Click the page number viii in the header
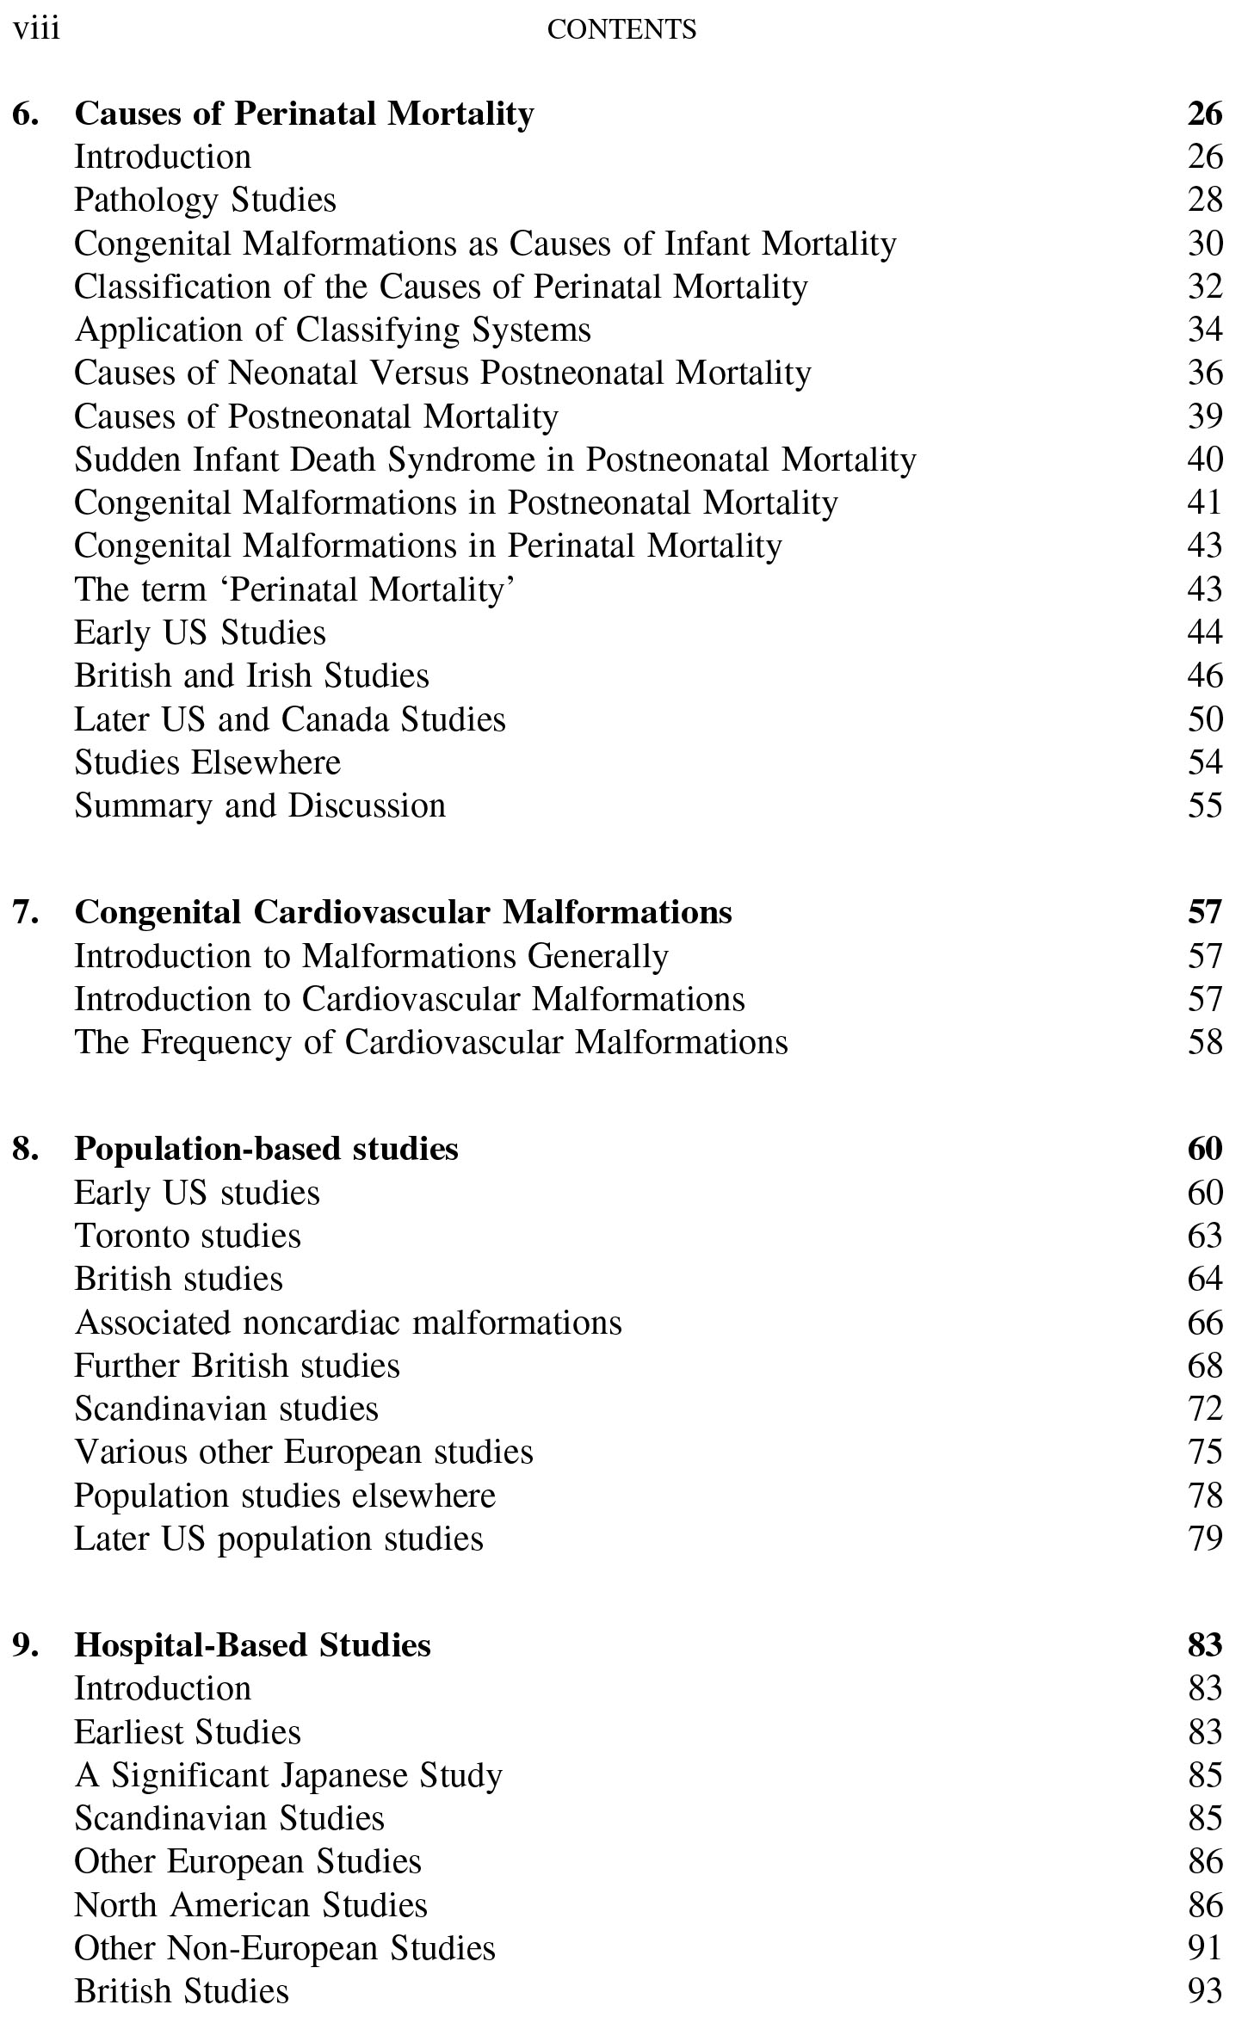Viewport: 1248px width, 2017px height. coord(36,29)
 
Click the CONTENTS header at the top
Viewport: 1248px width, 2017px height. coord(621,30)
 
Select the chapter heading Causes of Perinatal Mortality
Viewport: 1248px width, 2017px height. coord(304,114)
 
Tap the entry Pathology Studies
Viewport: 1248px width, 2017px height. coord(205,200)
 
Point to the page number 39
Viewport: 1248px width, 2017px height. coord(1204,416)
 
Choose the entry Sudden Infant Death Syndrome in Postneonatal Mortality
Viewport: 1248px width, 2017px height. coord(495,460)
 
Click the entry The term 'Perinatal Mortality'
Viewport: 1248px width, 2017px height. coord(294,589)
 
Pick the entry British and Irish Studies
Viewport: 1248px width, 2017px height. coord(251,675)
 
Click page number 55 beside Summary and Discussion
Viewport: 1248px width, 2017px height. coord(1204,805)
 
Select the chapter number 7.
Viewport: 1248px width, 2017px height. coord(26,912)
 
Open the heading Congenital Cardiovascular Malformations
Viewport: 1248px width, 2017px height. coord(403,912)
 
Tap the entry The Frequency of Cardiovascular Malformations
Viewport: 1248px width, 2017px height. coord(430,1042)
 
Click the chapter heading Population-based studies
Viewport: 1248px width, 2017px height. coord(266,1149)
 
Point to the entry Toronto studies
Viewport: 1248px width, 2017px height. coord(188,1236)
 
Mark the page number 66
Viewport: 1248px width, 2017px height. coord(1204,1323)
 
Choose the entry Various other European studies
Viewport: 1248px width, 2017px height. coord(303,1452)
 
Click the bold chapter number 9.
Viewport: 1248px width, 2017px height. coord(26,1644)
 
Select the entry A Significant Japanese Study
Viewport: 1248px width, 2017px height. coord(288,1775)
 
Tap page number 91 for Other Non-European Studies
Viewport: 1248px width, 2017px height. coord(1204,1948)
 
